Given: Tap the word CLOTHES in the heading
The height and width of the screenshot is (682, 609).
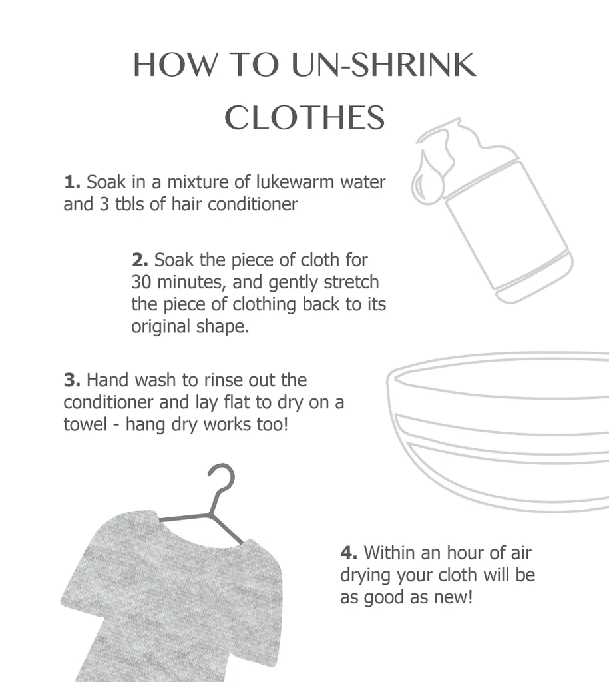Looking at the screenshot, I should pos(304,118).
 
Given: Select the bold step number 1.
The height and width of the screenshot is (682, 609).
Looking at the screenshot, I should pos(72,182).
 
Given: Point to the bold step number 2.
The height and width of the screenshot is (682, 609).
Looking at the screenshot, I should pos(139,260).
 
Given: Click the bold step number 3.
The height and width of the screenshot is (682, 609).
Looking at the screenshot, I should pos(72,380).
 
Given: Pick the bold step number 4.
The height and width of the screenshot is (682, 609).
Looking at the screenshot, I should pos(349,553).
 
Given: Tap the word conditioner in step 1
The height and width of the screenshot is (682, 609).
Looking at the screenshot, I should pos(253,204).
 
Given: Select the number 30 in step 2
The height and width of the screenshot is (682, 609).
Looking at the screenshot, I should pos(142,282).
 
